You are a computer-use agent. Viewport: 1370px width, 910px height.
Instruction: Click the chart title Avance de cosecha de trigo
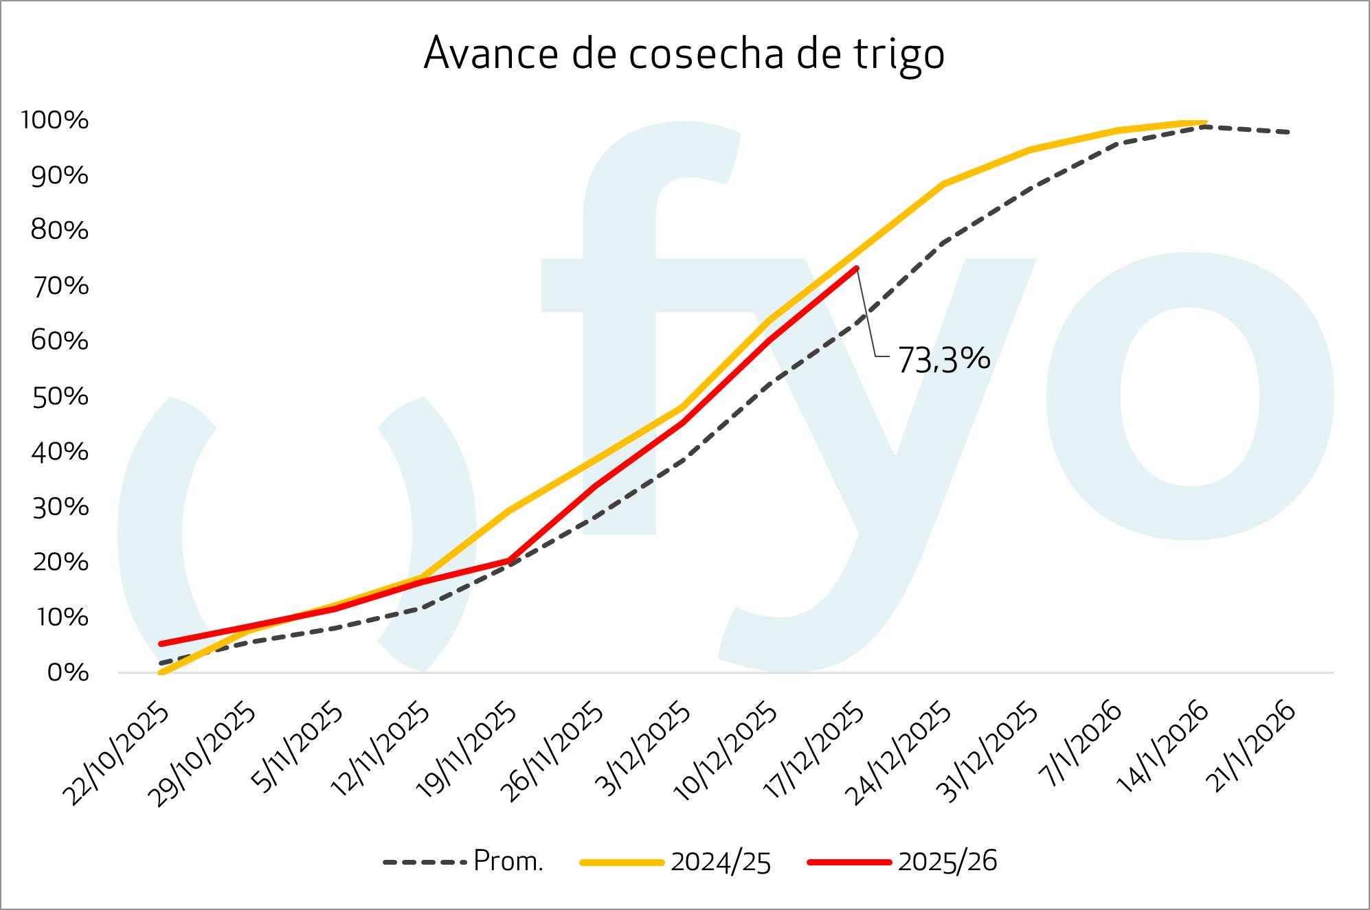click(684, 54)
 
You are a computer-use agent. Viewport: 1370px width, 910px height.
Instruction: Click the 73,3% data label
click(944, 359)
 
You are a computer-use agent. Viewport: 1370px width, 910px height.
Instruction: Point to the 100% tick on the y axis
click(55, 120)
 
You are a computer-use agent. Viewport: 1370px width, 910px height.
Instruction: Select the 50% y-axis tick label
click(60, 397)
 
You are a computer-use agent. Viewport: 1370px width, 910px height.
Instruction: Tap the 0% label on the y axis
click(68, 672)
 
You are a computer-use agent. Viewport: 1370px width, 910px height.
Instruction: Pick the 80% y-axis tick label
click(60, 230)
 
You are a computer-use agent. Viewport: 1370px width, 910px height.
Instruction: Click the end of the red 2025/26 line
click(856, 269)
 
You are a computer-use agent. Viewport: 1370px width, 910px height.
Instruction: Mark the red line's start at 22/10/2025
click(161, 644)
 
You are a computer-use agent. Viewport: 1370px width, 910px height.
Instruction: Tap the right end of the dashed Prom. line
click(1288, 132)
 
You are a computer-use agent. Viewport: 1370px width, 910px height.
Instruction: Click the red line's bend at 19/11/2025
click(508, 561)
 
